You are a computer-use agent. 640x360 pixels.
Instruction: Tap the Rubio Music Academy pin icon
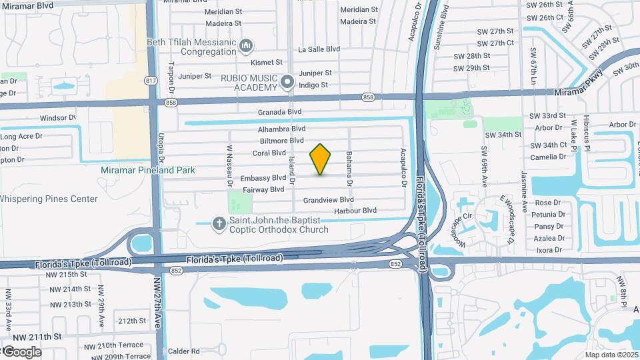click(x=287, y=82)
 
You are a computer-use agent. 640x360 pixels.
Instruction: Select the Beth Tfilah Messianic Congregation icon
click(x=246, y=46)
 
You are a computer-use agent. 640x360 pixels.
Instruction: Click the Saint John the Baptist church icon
click(x=219, y=224)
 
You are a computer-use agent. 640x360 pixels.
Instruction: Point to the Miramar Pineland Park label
click(x=148, y=170)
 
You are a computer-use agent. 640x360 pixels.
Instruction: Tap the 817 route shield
click(x=151, y=81)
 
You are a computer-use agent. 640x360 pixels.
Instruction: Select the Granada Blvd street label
click(x=281, y=112)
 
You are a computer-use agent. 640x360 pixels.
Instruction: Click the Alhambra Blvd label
click(x=282, y=129)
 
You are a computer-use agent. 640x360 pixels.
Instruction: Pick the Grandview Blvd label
click(x=328, y=199)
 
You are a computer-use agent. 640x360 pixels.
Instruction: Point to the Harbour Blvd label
click(x=355, y=211)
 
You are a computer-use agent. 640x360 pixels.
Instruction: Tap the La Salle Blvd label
click(x=319, y=49)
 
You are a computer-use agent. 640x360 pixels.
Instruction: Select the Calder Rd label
click(x=184, y=351)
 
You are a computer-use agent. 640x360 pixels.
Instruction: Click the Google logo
click(x=21, y=351)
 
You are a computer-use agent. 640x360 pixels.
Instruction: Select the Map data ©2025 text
click(x=611, y=355)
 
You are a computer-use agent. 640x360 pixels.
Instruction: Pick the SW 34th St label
click(x=503, y=135)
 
